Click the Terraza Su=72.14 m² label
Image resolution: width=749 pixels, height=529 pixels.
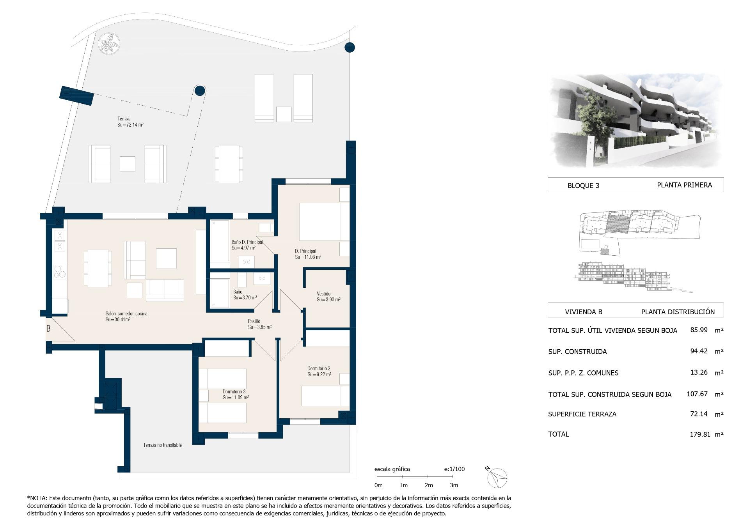(131, 122)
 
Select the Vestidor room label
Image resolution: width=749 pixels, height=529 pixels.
(328, 297)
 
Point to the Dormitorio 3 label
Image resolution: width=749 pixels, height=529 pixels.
(236, 395)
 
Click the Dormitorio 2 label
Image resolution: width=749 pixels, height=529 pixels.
(319, 371)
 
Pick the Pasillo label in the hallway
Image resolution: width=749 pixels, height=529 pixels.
(260, 324)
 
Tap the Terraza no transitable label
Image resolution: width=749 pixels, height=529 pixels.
(162, 445)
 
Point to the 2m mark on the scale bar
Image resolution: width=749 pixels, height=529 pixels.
(429, 485)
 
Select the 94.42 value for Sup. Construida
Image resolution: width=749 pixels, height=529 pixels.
(699, 351)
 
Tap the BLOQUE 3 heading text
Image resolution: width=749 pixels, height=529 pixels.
(583, 186)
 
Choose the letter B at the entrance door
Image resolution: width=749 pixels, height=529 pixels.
(48, 329)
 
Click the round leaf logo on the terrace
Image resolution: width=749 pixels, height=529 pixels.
(109, 44)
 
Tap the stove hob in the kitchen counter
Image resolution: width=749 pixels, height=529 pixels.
(60, 272)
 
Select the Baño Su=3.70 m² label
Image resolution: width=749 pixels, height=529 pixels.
(245, 295)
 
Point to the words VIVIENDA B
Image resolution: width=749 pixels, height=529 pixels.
(584, 312)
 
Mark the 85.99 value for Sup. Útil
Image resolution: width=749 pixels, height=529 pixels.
(699, 330)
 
